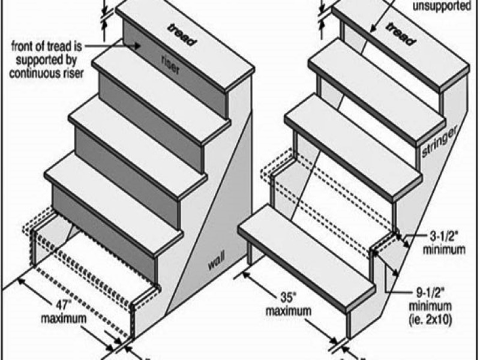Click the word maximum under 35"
pos(288,311)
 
